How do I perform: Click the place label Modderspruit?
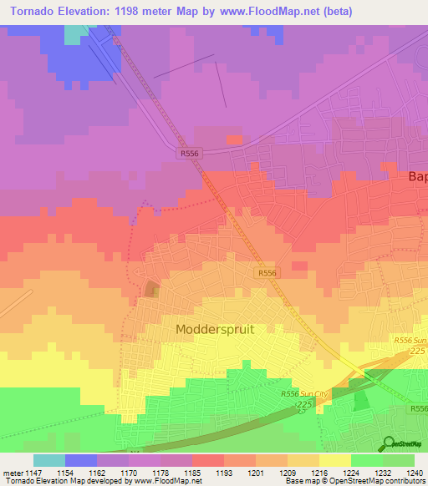[x=215, y=329]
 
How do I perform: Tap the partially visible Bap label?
[x=417, y=177]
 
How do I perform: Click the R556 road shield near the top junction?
[x=190, y=154]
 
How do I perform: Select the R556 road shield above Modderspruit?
[x=267, y=273]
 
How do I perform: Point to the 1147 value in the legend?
[x=34, y=473]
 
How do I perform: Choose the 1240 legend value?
[x=414, y=473]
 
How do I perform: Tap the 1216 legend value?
[x=318, y=473]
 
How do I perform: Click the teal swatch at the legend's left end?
[x=49, y=460]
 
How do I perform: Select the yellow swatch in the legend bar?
[x=334, y=460]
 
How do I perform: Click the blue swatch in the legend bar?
[x=81, y=460]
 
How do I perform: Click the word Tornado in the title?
[x=34, y=11]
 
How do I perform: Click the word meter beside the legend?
[x=13, y=473]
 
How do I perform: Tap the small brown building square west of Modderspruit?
[x=152, y=289]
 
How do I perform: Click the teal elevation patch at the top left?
[x=75, y=33]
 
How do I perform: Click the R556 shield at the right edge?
[x=419, y=408]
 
